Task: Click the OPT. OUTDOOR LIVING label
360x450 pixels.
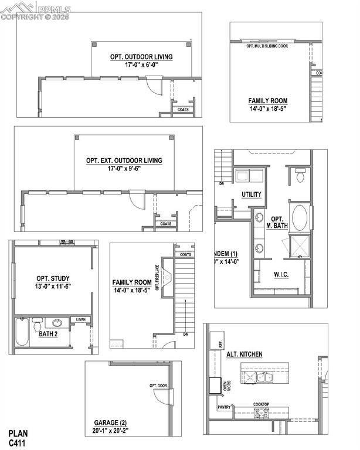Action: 141,57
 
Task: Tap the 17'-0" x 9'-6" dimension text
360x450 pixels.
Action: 124,169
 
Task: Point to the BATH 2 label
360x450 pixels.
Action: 47,334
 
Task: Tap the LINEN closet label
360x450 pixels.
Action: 81,320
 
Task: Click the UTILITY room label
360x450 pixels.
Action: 252,195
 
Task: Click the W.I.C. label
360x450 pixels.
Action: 283,274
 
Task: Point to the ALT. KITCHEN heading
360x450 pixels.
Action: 244,354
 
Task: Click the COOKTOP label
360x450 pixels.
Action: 261,404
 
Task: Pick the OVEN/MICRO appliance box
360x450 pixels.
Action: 215,386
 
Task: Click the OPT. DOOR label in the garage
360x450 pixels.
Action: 158,386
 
